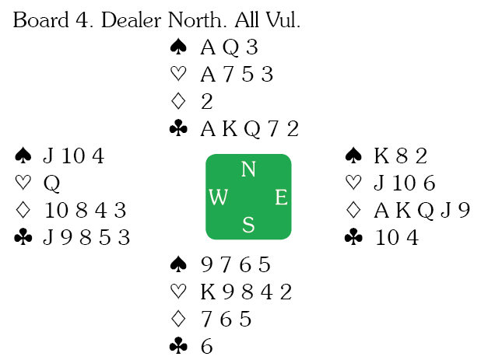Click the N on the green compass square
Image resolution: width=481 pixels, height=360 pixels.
(x=248, y=169)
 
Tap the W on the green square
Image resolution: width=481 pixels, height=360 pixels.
(x=219, y=197)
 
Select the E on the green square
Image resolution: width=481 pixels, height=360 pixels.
(x=280, y=197)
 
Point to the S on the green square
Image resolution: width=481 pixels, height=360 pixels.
(x=248, y=225)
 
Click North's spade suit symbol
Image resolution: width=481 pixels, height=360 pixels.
(x=177, y=47)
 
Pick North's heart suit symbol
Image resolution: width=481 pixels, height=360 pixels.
(x=177, y=75)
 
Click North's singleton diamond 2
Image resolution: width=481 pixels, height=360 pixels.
(x=206, y=101)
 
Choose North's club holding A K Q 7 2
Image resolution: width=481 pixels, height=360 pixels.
(x=249, y=128)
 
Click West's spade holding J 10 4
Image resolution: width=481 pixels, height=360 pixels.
(x=73, y=156)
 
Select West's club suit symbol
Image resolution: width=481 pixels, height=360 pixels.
(x=22, y=238)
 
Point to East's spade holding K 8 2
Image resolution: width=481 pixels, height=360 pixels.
(x=401, y=156)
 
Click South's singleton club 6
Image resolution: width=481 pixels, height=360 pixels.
(x=207, y=346)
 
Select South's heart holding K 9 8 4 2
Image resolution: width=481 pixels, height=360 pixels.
(x=245, y=292)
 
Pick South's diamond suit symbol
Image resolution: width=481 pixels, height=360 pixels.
(x=177, y=319)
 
